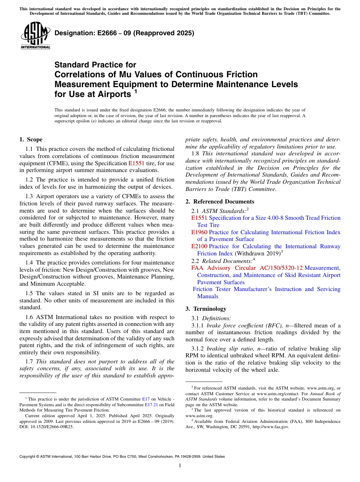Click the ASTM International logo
click(x=35, y=36)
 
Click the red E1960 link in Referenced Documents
click(x=199, y=232)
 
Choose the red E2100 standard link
click(x=199, y=246)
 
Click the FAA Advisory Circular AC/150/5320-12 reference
click(x=247, y=268)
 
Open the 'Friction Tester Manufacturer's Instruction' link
click(x=266, y=289)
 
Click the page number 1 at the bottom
click(x=180, y=466)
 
